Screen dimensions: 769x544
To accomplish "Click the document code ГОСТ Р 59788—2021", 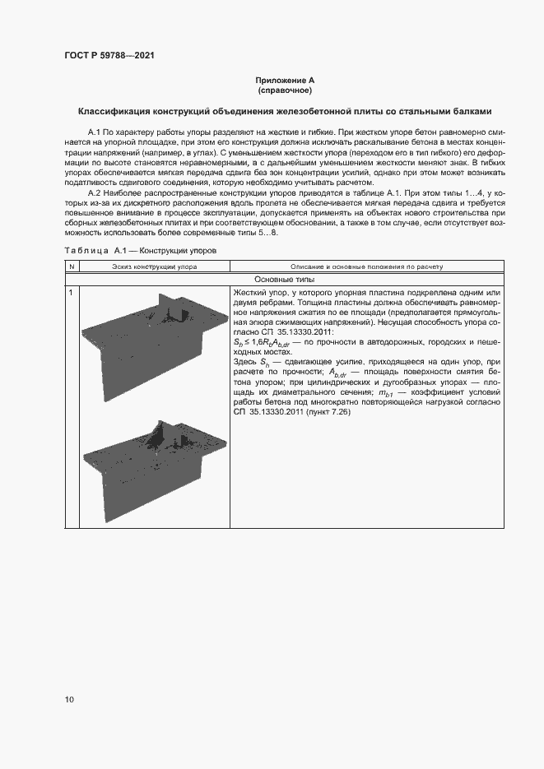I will click(109, 56).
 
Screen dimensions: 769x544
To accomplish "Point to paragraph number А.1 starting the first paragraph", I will click(93, 132).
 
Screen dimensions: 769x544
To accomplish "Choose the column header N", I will click(72, 266).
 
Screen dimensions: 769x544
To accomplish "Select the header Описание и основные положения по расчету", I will click(366, 266).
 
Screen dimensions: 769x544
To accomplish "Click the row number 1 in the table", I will click(72, 293).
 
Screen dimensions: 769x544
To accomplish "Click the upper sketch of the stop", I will click(153, 337).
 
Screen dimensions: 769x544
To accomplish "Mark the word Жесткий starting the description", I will click(249, 293).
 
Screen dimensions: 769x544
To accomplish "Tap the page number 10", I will click(69, 700).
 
